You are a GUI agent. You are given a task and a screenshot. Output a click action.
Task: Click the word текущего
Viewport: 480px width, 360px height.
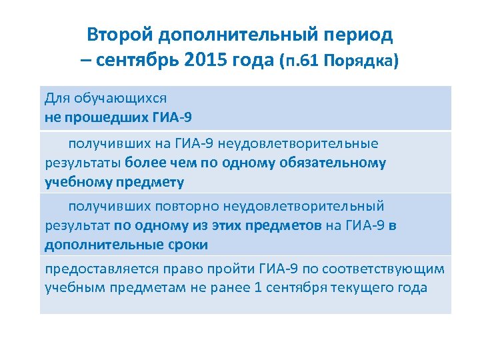pos(389,288)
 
